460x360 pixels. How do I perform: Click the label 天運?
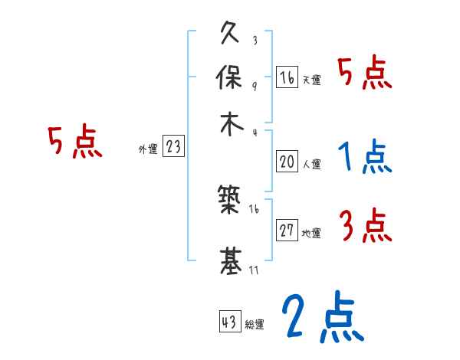tap(311, 80)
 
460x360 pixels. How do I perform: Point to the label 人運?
tap(311, 164)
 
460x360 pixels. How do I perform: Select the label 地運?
tap(311, 234)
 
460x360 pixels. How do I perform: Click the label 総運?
tap(255, 324)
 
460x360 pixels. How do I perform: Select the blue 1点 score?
tap(364, 158)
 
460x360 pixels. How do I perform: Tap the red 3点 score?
tap(364, 227)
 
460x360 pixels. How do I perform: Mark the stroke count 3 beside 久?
tap(255, 41)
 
